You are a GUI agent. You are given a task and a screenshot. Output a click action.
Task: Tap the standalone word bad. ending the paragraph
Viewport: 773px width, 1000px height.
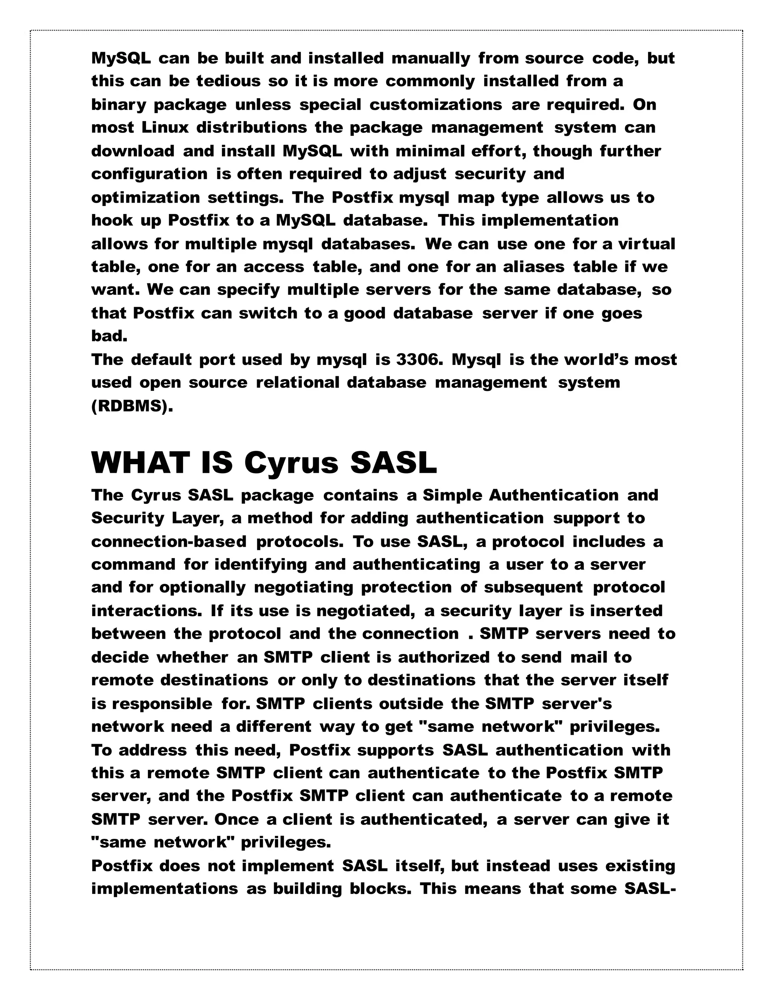pyautogui.click(x=109, y=337)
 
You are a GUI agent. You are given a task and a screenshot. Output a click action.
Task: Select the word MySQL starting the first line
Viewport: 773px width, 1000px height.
pyautogui.click(x=121, y=58)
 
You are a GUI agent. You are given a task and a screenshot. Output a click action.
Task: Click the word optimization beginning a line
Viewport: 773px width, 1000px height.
pyautogui.click(x=145, y=198)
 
